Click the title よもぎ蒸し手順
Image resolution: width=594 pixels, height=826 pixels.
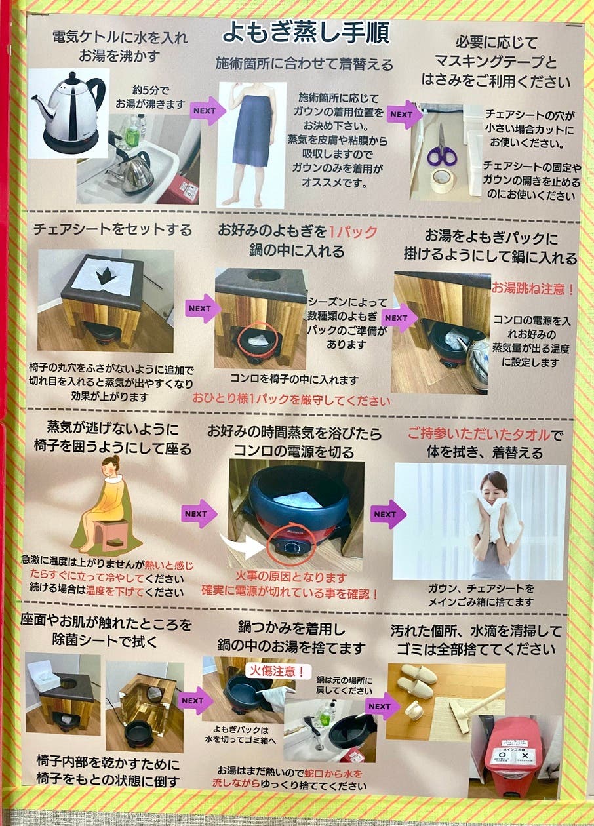click(x=306, y=31)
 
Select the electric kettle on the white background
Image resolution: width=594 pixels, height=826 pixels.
click(x=69, y=113)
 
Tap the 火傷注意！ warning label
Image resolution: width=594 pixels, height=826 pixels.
click(x=275, y=671)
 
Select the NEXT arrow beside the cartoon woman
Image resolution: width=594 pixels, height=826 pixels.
click(x=198, y=514)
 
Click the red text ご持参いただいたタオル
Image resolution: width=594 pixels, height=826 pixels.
click(x=476, y=434)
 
